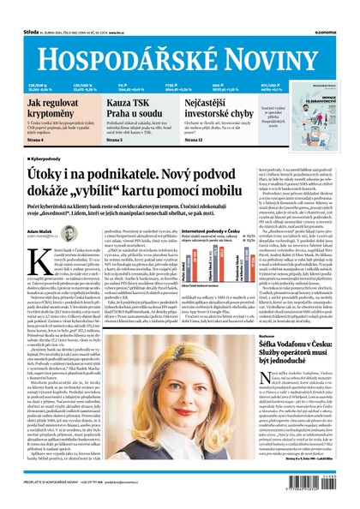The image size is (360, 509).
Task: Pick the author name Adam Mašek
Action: [x=39, y=231]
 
